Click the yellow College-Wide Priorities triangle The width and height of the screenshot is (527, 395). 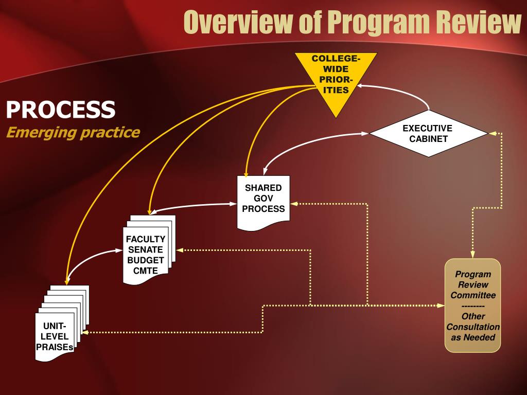coord(336,77)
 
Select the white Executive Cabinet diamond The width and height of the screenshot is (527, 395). coord(428,134)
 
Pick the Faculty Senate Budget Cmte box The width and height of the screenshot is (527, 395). coord(146,255)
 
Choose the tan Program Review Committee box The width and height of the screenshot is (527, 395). coord(472,306)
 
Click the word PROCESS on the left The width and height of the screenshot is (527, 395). coord(61,109)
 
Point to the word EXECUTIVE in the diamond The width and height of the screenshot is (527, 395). coord(427,128)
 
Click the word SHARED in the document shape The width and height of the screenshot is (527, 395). coord(263,188)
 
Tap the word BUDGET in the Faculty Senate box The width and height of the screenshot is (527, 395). coord(146,260)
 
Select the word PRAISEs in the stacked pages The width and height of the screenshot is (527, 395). coord(55,347)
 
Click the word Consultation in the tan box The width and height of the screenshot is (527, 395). coord(473,327)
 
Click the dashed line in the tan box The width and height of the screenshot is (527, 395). coord(472,306)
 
